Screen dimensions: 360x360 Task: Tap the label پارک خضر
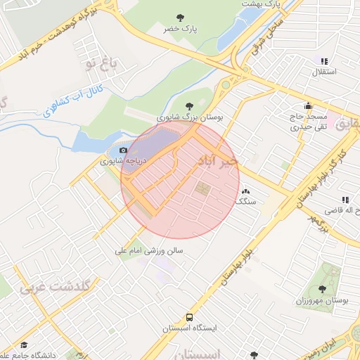click(x=180, y=30)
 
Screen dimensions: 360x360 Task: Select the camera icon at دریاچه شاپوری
click(x=124, y=150)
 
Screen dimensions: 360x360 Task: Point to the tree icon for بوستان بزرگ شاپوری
click(x=188, y=107)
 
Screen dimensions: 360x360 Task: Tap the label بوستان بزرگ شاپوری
click(x=189, y=118)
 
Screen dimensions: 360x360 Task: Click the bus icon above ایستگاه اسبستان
click(x=189, y=318)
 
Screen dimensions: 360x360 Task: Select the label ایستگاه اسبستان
click(x=190, y=328)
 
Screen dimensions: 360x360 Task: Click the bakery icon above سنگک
click(x=245, y=191)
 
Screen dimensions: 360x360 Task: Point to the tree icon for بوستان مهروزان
click(x=322, y=289)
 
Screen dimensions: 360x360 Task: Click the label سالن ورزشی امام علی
click(x=150, y=250)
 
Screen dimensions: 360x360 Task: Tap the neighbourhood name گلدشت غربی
click(x=56, y=287)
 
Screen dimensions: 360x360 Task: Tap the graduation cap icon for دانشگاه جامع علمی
click(x=23, y=345)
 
